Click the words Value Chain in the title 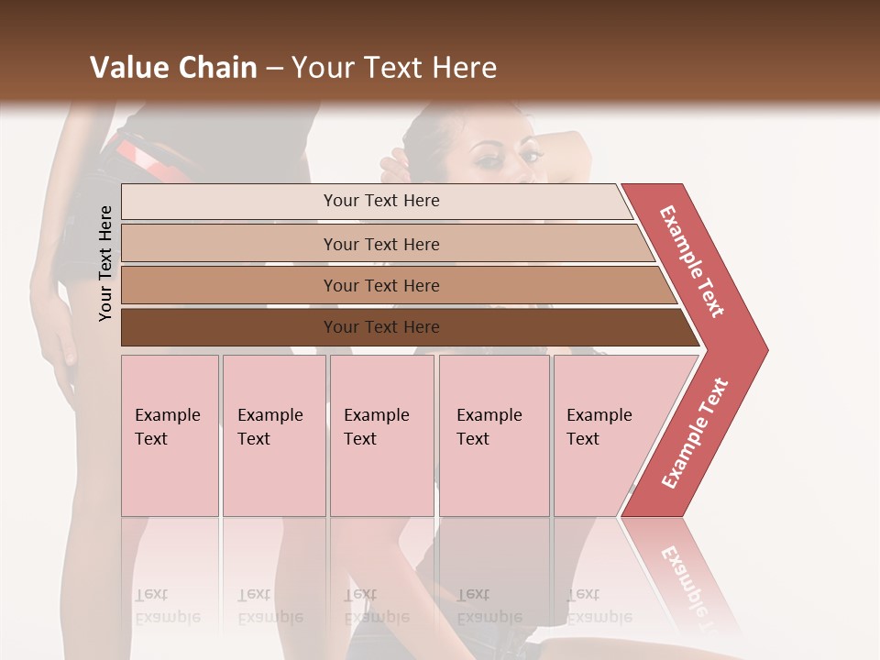click(x=173, y=67)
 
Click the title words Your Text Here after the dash click(x=394, y=67)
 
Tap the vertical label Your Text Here click(x=105, y=263)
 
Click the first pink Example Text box click(x=170, y=435)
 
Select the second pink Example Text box click(x=273, y=435)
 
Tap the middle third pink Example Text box click(x=381, y=435)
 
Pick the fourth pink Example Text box click(x=493, y=435)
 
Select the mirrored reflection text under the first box click(x=168, y=606)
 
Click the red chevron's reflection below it click(x=683, y=573)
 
